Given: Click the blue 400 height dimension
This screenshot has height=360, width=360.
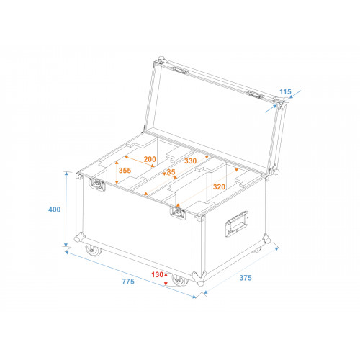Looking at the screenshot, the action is [55, 210].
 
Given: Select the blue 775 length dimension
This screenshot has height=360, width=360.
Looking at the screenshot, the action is [128, 282].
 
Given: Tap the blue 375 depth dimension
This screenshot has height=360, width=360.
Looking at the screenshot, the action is [246, 278].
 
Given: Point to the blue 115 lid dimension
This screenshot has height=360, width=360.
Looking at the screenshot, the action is [285, 91].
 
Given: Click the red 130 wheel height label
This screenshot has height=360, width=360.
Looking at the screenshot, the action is [157, 274].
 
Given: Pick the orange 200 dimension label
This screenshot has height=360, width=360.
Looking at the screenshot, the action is [150, 159].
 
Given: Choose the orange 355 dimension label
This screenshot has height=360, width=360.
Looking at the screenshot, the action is [125, 171].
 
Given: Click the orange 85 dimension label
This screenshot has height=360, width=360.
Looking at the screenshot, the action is [171, 172].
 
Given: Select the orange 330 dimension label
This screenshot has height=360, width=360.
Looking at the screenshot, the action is [191, 161].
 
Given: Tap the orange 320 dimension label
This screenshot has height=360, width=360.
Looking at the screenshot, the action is [219, 186].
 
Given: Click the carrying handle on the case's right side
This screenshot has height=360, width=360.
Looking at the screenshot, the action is [237, 224].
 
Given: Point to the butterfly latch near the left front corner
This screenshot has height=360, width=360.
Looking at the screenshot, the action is [97, 184].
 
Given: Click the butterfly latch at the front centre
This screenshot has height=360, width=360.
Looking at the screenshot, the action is [178, 213].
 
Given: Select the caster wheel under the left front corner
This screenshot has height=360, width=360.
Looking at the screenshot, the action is [93, 250].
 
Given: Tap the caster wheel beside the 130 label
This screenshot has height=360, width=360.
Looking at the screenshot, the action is [180, 280].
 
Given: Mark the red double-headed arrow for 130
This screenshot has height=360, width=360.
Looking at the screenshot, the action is [166, 279].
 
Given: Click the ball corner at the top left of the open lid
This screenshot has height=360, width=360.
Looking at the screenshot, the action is [161, 60].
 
